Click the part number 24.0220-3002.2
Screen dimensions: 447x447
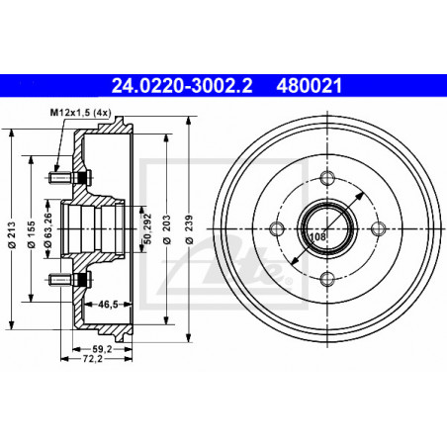click(182, 86)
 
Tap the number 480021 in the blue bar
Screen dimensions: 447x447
click(309, 86)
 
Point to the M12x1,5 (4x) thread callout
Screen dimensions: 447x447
click(80, 113)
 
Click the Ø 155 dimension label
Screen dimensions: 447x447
click(31, 234)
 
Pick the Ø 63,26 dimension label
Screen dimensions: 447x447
click(48, 229)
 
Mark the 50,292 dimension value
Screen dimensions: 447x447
click(148, 228)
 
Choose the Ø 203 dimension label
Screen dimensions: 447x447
click(167, 229)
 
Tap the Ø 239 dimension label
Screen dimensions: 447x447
click(189, 229)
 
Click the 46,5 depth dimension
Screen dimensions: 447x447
click(108, 305)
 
